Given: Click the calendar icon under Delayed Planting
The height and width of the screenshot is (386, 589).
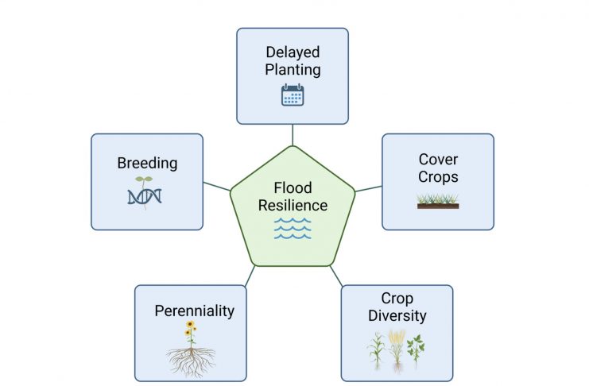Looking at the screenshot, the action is click(x=293, y=95).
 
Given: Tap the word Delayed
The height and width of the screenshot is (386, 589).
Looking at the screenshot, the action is click(x=293, y=52).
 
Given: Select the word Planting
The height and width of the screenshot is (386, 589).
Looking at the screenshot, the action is click(x=293, y=70).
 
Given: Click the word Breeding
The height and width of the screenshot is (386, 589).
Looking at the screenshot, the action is click(x=147, y=164).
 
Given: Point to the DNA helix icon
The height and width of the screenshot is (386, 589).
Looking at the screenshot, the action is click(x=145, y=193).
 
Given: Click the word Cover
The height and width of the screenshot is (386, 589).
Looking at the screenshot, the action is click(x=438, y=160).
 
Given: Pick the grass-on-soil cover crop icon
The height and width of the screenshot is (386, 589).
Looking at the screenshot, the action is click(x=438, y=201).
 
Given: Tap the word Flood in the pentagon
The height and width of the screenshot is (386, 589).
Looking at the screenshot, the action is click(x=293, y=187).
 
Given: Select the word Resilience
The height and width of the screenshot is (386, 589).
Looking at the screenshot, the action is click(x=293, y=206).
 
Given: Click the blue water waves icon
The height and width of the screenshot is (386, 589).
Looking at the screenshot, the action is click(x=293, y=228).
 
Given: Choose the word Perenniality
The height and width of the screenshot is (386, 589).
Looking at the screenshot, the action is click(x=194, y=311).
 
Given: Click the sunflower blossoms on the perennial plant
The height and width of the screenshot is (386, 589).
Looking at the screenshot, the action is click(x=191, y=328).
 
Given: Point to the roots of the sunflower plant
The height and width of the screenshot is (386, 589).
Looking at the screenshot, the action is click(x=191, y=362).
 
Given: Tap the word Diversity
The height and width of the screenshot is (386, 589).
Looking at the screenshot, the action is click(x=397, y=316).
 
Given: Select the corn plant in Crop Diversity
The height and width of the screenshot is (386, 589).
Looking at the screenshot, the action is click(x=377, y=350).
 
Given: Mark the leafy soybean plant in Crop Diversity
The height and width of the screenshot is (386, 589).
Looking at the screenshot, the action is click(x=416, y=349).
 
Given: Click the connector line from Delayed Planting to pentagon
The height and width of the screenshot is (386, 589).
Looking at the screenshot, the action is click(x=293, y=135).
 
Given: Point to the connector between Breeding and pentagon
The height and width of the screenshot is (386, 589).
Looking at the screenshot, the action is click(x=217, y=186).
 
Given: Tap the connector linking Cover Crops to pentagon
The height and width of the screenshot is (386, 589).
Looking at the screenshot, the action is click(x=369, y=188).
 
